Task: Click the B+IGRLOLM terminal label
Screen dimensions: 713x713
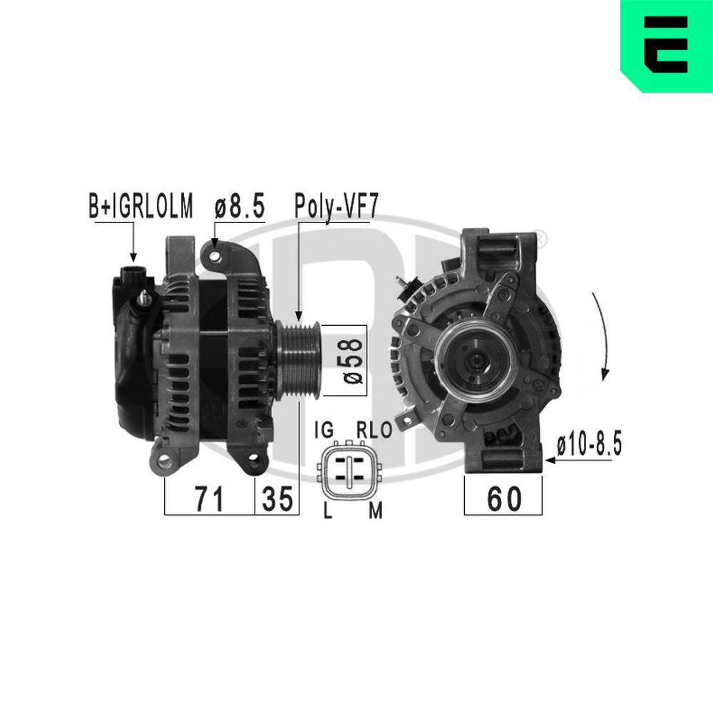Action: [140, 207]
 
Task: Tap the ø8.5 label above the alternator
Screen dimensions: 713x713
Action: [240, 207]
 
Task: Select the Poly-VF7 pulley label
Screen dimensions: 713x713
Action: [336, 207]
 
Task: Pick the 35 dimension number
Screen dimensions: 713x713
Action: [277, 499]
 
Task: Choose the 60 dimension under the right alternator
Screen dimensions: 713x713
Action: [503, 498]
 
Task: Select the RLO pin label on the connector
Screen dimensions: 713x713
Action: [374, 431]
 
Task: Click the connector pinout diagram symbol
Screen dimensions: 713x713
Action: [349, 471]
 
